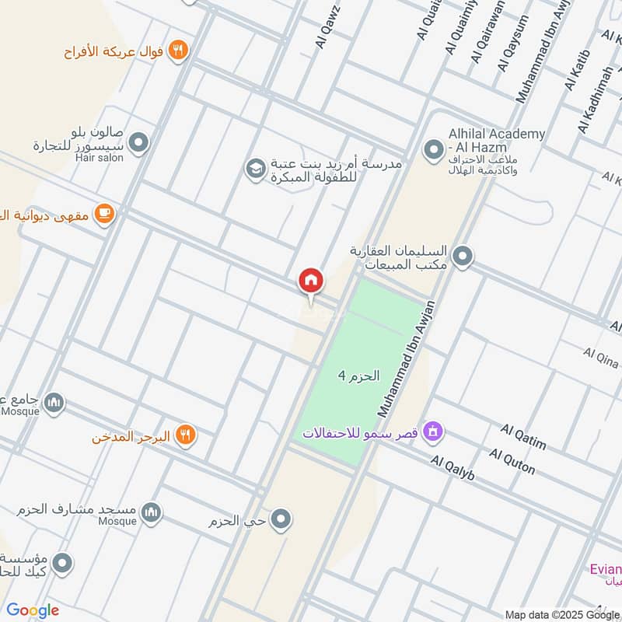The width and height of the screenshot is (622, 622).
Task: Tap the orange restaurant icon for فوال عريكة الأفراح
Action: point(179,51)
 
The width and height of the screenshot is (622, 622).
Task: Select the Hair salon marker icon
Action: point(139,142)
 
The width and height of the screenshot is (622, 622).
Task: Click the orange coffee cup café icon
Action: point(103,213)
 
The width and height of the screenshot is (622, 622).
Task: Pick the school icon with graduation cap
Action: point(254,168)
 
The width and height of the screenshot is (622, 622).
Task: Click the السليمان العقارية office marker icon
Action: point(463,255)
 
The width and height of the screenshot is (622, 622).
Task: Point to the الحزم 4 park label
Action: point(358,376)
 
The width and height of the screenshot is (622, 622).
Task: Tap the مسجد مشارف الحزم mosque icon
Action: point(152,512)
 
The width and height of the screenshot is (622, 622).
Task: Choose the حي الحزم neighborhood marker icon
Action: point(281,518)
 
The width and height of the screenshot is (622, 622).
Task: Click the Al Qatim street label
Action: point(523,437)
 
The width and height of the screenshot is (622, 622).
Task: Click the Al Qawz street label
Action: point(325,29)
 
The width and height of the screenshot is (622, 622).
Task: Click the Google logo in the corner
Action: point(33,610)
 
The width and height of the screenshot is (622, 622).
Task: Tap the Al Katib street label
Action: point(578,71)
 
